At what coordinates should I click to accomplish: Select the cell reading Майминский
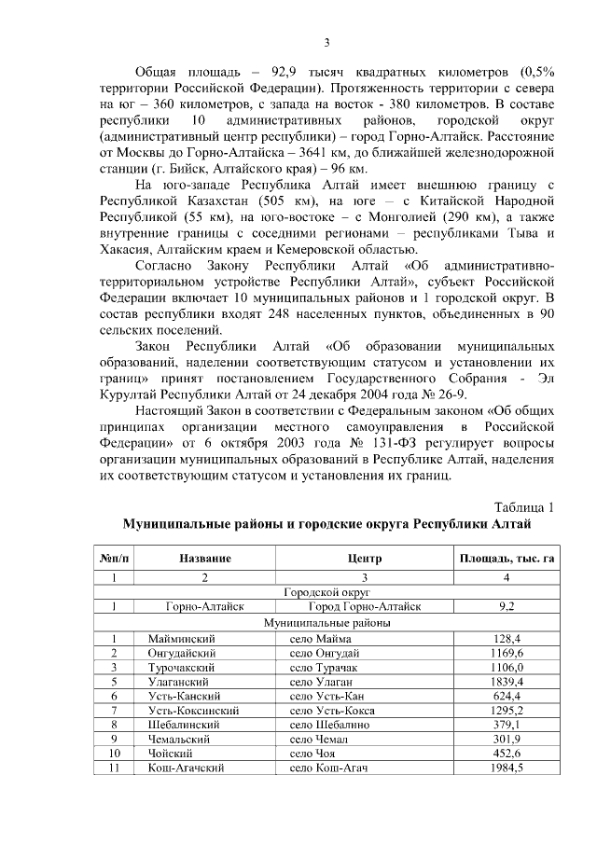[x=183, y=639]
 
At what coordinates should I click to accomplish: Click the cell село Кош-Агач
[x=329, y=767]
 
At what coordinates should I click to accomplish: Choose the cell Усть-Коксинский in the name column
[x=194, y=710]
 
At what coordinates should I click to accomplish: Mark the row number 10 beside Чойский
[x=115, y=753]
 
